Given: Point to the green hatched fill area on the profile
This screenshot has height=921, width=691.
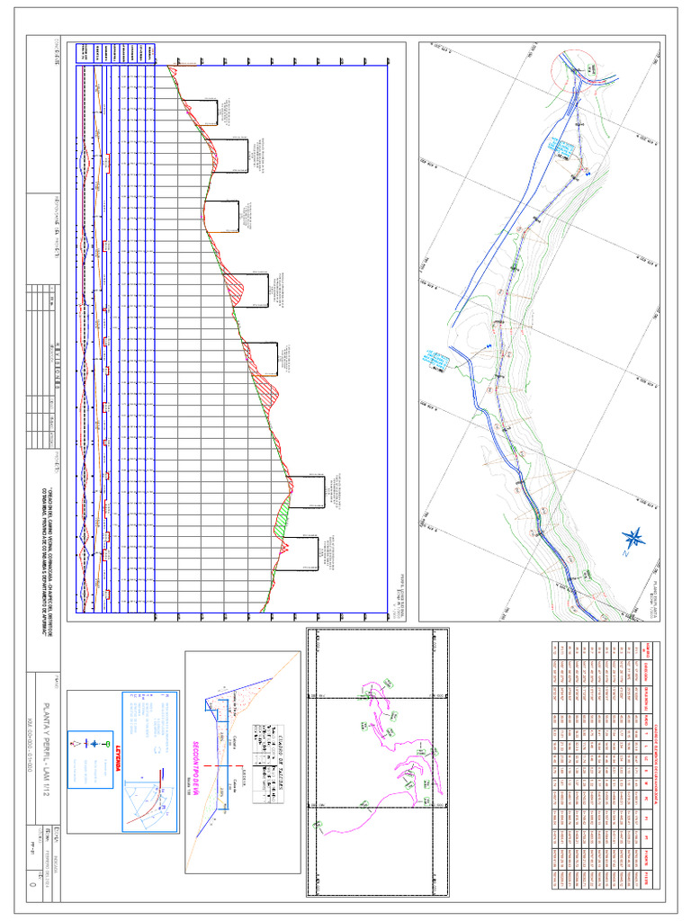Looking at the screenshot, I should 284,517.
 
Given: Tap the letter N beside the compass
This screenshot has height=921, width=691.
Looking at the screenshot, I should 623,553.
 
